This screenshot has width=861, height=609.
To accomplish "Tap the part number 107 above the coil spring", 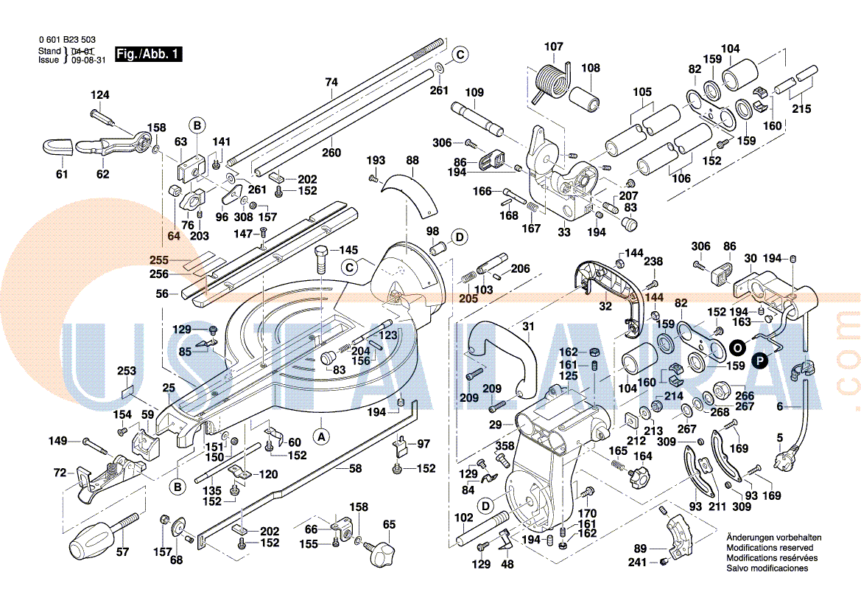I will [553, 47].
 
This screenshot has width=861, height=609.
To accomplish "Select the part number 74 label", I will [331, 83].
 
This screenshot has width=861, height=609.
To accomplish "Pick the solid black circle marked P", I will [760, 360].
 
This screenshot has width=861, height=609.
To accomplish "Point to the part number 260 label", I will [331, 153].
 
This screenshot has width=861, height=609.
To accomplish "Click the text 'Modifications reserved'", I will [770, 548].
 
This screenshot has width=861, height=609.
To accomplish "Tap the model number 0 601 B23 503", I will [67, 40].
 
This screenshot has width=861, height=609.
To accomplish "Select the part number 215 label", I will [801, 109].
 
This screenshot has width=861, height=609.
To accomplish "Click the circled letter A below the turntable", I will [321, 436].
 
